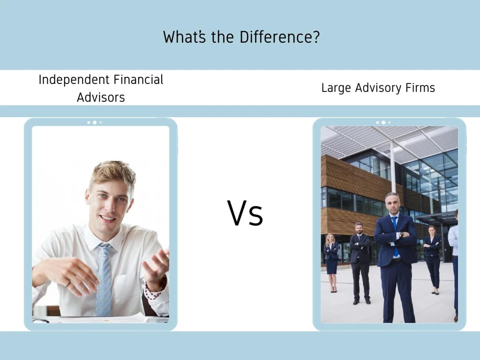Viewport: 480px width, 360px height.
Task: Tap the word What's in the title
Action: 184,37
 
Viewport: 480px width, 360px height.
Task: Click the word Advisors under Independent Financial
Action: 101,97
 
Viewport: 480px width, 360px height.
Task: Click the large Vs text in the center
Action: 245,213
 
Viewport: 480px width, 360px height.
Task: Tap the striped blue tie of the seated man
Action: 104,281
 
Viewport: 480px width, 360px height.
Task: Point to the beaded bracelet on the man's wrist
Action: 153,292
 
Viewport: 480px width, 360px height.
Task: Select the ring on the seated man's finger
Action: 68,283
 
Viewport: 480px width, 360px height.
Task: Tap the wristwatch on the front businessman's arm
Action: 401,234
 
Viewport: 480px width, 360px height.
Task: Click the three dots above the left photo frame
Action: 94,122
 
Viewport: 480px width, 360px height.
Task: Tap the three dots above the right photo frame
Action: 383,122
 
